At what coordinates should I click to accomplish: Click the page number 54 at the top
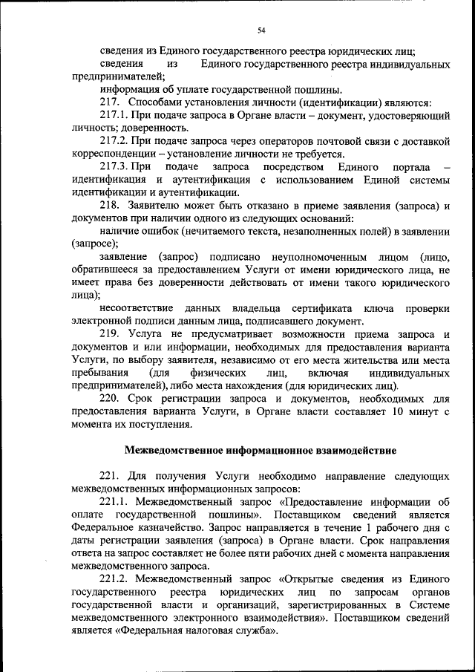coord(261,30)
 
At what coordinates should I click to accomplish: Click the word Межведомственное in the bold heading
coord(173,450)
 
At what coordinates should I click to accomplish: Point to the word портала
coord(401,166)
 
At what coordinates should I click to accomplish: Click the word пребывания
coord(101,373)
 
